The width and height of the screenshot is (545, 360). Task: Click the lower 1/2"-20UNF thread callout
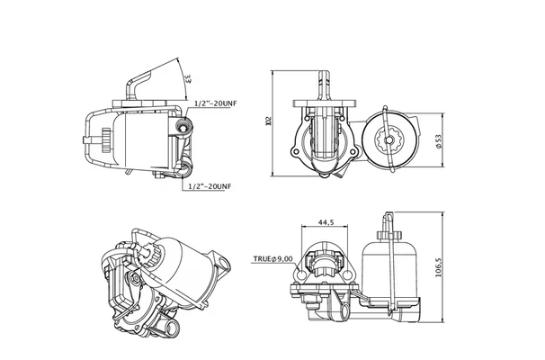(209, 186)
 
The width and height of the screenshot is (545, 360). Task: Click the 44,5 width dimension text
(326, 223)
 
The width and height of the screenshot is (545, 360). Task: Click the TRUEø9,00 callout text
(272, 259)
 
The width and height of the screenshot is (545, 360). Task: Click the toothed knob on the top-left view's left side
(106, 140)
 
